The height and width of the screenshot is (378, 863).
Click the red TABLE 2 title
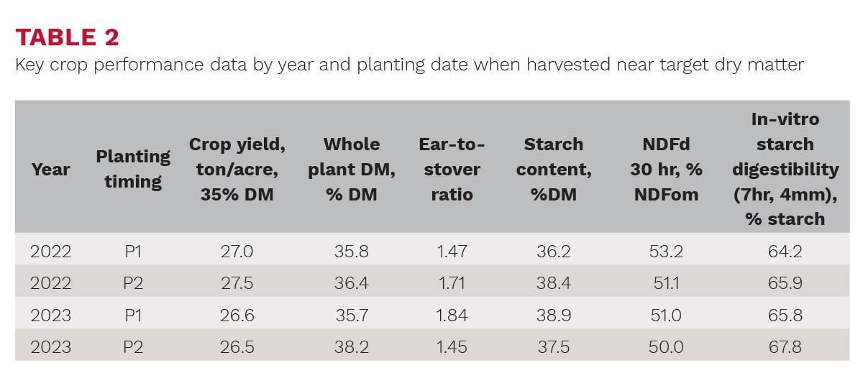[x=67, y=37]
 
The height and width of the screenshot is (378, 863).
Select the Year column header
[x=50, y=170]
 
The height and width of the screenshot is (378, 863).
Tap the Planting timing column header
[x=133, y=169]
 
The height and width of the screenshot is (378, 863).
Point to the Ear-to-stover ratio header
[x=452, y=170]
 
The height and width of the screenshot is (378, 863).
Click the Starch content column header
[x=554, y=170]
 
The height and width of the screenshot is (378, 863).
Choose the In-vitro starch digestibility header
[x=785, y=170]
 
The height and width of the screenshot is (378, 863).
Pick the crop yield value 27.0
[x=237, y=252]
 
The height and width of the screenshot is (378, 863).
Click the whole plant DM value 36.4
[x=352, y=283]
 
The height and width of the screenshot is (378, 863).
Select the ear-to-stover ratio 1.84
[x=452, y=315]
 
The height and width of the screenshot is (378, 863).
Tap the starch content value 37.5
[x=554, y=347]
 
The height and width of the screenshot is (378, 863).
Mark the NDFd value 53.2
[x=666, y=252]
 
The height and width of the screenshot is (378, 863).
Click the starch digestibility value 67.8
[x=785, y=347]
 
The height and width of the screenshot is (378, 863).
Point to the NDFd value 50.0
[x=666, y=347]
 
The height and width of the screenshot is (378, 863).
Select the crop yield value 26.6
[x=237, y=315]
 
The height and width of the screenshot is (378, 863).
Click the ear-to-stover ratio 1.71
[x=452, y=283]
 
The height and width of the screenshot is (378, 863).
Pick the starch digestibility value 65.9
[x=785, y=283]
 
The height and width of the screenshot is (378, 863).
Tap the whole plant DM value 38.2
[x=352, y=347]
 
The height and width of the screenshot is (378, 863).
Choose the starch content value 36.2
[x=554, y=252]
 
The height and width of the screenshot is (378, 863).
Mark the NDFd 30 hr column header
[x=666, y=170]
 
